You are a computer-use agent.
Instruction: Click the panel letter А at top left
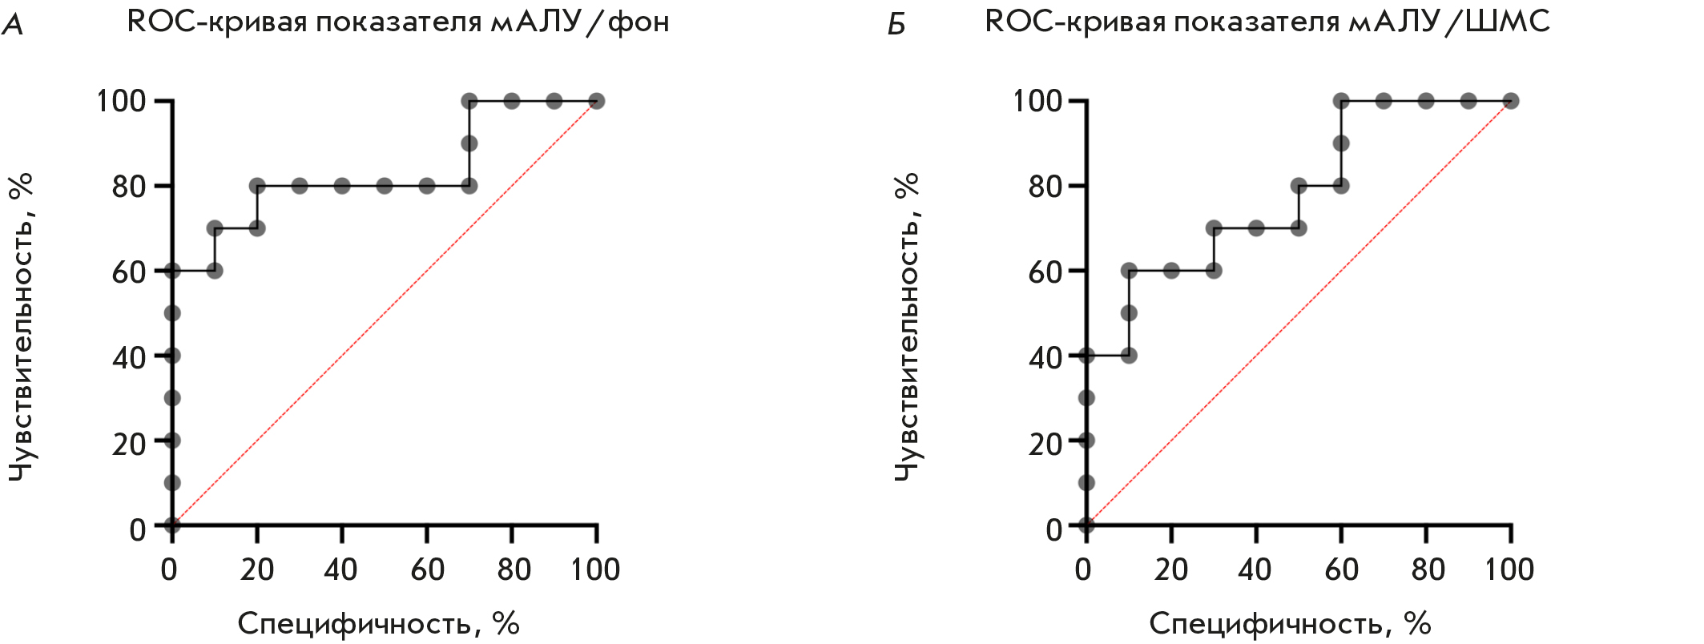pos(13,25)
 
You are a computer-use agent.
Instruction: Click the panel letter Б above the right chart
pos(896,25)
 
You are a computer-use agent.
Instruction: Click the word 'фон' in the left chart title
pos(638,22)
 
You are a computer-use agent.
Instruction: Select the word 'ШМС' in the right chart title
pos(1508,22)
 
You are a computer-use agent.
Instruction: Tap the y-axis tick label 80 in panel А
pos(128,187)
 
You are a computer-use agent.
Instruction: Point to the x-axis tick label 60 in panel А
pos(427,570)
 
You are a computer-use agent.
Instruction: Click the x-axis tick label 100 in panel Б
pos(1509,570)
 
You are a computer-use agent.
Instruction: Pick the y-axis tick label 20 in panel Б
pos(1045,443)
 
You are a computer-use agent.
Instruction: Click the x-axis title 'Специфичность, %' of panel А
pos(378,623)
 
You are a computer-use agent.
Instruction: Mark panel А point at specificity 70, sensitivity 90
pos(469,143)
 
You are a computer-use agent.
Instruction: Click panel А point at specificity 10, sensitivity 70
pos(215,228)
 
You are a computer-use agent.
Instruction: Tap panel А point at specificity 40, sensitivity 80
pos(342,186)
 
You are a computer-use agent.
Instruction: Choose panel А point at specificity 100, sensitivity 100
pos(596,101)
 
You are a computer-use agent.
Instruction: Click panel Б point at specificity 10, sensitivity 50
pos(1129,313)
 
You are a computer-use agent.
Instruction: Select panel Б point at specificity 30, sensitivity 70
pos(1214,228)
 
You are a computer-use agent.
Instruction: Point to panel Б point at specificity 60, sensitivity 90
pos(1341,143)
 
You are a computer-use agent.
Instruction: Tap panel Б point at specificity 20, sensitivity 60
pos(1171,271)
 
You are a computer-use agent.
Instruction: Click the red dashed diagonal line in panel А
pos(385,313)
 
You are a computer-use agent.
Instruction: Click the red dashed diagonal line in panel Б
pos(1298,313)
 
